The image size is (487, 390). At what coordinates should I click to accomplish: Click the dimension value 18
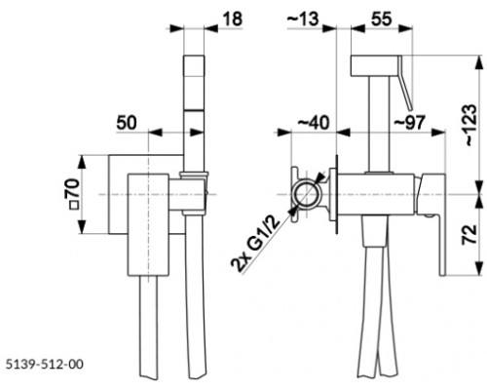(233, 19)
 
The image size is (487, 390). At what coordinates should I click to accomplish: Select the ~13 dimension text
(303, 19)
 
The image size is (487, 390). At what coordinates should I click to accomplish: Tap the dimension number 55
(382, 19)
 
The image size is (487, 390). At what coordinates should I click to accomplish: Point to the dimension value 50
(127, 123)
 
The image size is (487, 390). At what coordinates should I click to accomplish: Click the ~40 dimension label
(314, 123)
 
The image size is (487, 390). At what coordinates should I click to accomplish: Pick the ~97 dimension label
(409, 123)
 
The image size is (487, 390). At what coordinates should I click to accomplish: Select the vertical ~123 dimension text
(470, 125)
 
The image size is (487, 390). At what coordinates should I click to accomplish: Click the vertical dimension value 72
(469, 234)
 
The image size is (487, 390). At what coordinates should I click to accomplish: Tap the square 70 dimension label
(72, 194)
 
